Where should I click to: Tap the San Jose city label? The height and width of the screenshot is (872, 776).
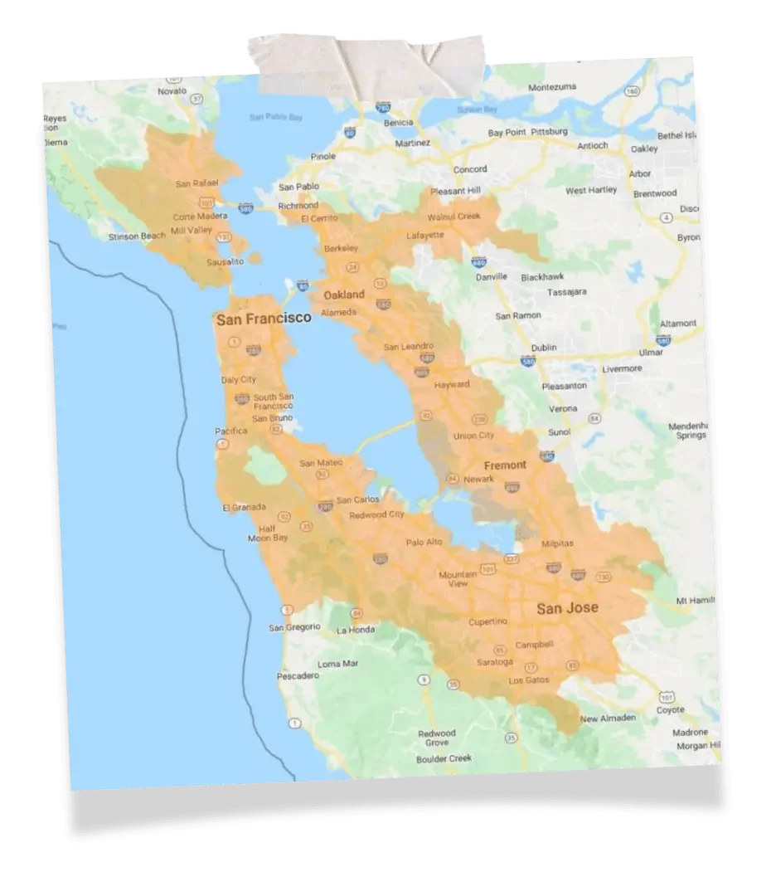point(567,608)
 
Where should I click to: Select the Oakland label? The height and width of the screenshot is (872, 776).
point(343,295)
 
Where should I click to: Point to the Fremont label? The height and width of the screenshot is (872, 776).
point(505,465)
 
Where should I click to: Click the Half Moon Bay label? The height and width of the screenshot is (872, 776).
point(267,533)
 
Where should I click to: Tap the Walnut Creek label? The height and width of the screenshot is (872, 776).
point(453,217)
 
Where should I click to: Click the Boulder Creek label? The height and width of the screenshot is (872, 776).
point(444,758)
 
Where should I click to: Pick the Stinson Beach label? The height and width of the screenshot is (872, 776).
point(137,236)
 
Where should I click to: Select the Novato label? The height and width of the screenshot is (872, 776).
point(172,90)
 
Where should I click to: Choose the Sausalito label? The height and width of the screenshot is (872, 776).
point(224,261)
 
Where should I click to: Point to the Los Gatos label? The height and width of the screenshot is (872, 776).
point(528,680)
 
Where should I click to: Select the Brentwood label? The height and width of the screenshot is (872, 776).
point(655,192)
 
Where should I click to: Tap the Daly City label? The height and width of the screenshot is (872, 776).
point(239,380)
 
